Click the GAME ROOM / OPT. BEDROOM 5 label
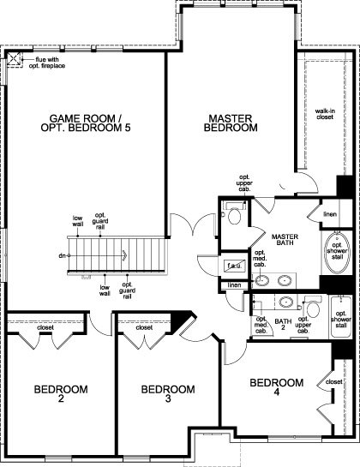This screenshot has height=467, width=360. click(86, 123)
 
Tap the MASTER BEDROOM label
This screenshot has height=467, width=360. click(231, 123)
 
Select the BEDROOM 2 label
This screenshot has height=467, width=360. click(61, 393)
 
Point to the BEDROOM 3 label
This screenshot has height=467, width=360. click(168, 393)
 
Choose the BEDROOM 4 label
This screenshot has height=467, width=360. click(277, 387)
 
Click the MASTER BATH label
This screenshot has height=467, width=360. click(285, 239)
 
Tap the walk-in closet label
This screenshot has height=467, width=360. click(325, 114)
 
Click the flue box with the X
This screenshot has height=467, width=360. click(14, 59)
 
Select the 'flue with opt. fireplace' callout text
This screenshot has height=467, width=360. click(47, 63)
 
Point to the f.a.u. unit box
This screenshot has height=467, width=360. click(235, 266)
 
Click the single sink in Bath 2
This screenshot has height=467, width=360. click(286, 302)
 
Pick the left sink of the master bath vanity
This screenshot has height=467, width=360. click(262, 280)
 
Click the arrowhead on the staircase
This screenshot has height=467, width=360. click(124, 255)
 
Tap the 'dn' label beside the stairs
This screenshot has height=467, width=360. click(62, 255)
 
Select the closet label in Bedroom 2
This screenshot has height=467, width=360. click(45, 327)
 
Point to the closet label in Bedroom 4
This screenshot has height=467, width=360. click(334, 381)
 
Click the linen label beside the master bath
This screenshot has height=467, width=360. click(330, 214)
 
